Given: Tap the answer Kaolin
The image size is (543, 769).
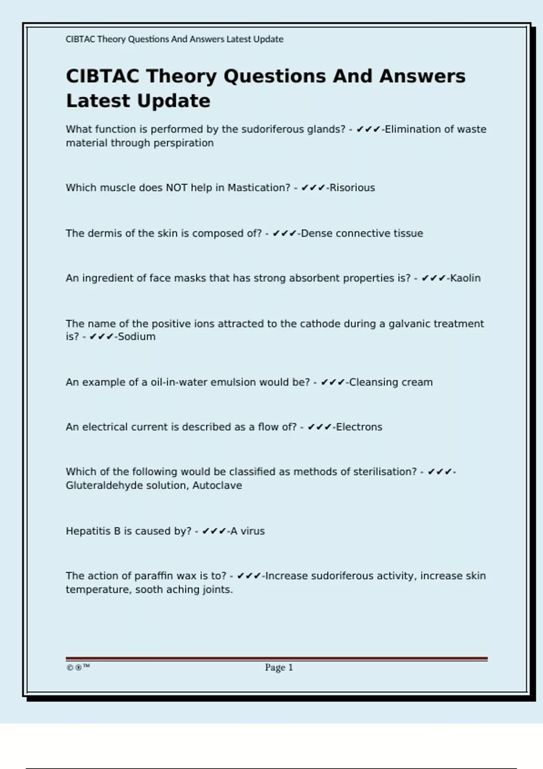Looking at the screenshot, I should (465, 278).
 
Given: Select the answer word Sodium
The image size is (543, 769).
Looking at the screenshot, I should (137, 337).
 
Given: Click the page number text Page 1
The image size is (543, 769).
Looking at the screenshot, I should (279, 667).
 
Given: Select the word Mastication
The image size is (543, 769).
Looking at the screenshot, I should (258, 188).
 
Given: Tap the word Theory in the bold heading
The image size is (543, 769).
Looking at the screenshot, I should (181, 76).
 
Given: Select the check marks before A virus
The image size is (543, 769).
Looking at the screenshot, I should (214, 531).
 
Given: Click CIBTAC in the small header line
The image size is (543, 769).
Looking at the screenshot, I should (80, 39).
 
